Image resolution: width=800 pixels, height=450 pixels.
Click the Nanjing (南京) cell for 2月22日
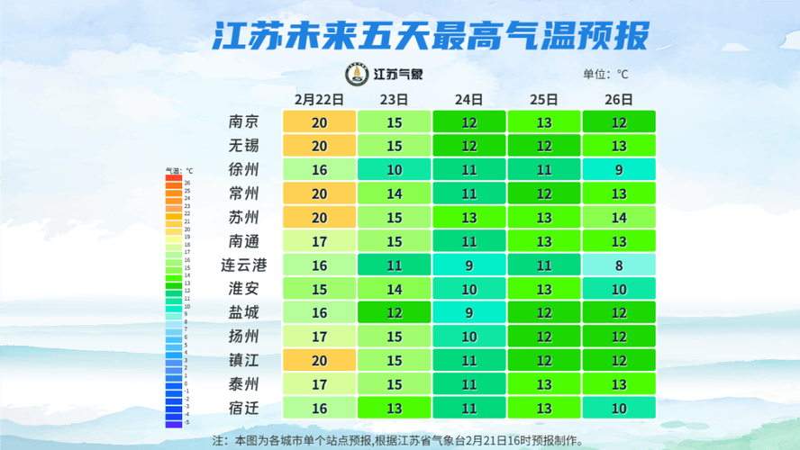tap(319, 122)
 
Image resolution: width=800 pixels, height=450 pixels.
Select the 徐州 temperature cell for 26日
tap(618, 170)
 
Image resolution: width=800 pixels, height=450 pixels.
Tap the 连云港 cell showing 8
tap(618, 265)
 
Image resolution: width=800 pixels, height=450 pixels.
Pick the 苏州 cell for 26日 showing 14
tap(618, 218)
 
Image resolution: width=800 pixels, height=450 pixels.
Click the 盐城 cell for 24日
tap(468, 313)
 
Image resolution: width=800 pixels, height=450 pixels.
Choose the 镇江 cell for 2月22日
tap(319, 361)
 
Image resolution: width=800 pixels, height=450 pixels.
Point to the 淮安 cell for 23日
tap(394, 289)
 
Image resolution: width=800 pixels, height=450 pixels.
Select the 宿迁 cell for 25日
tap(543, 409)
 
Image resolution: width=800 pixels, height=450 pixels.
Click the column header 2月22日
tap(319, 99)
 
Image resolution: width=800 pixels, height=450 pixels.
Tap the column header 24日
tap(468, 99)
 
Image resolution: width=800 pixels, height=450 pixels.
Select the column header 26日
tap(618, 99)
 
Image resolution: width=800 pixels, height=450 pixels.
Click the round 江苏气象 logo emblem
tap(357, 73)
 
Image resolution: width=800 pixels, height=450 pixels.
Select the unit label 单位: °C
tap(605, 74)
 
